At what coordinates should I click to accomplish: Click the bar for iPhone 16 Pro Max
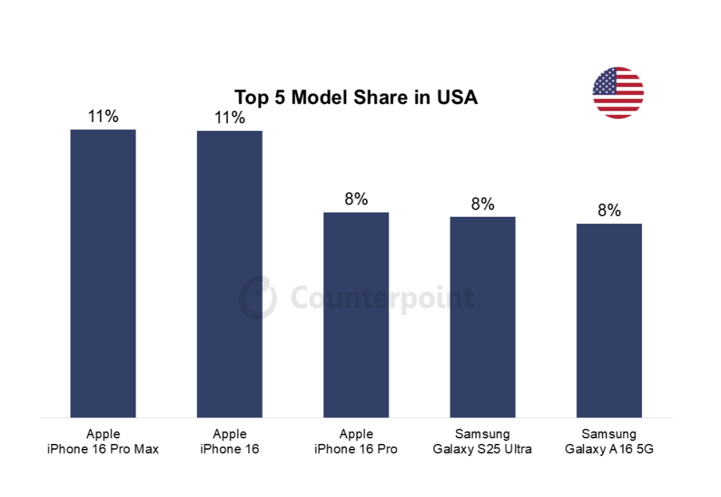point(103,273)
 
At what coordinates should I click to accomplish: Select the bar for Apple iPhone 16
point(229,274)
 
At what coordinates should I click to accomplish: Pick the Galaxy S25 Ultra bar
point(482,317)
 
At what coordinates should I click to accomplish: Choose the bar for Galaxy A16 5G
point(609,320)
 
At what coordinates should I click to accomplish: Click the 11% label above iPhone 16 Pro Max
point(103,117)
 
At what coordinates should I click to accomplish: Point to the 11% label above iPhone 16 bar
point(229,118)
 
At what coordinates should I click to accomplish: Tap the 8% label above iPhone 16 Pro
point(356,199)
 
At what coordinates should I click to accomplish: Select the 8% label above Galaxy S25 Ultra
point(482,204)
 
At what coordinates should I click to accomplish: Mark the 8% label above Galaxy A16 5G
point(609,211)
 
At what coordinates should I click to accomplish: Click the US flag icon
point(618,93)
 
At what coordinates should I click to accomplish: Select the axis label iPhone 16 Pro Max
point(103,450)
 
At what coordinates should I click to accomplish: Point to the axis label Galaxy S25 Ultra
point(482,450)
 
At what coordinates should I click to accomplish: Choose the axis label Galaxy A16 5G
point(609,450)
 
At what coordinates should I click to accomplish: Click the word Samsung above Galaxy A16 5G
point(609,434)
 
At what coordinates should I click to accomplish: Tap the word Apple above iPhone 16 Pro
point(356,434)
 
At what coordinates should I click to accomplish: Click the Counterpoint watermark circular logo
point(258,297)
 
